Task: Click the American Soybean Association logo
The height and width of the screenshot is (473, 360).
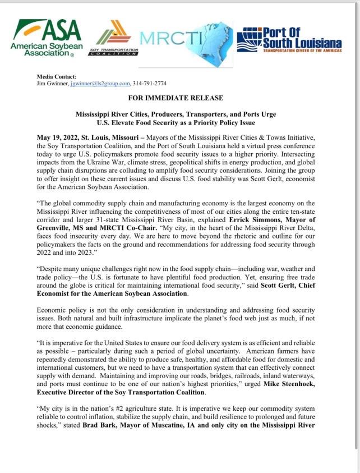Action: tap(47, 38)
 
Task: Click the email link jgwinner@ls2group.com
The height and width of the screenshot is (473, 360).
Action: tap(100, 83)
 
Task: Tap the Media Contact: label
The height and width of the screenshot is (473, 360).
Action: tap(57, 76)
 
